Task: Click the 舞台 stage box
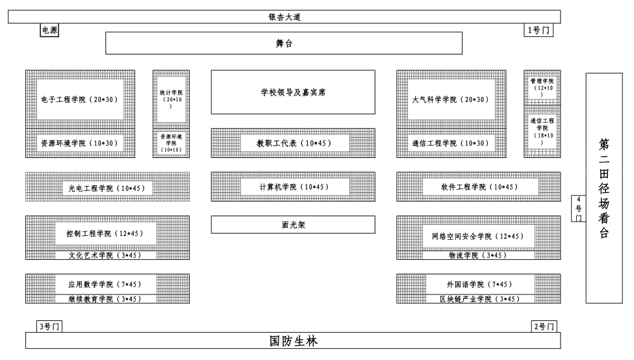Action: point(284,43)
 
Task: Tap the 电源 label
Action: point(49,30)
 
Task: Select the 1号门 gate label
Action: point(539,30)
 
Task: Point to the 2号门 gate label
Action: point(543,326)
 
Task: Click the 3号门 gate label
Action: point(49,326)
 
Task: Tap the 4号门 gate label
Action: point(578,209)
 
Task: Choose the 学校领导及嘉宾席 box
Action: point(293,92)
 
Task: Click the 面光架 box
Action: point(293,225)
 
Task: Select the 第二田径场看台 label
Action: point(604,188)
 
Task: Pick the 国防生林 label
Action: point(293,341)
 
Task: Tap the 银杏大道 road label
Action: point(284,18)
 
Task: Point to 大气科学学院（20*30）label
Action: point(450,99)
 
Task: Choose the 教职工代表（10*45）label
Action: point(294,143)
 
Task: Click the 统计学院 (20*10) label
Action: point(171,99)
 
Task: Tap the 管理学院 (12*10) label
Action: point(542,88)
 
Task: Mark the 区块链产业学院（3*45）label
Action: point(479,299)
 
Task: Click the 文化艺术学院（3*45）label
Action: point(105,255)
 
